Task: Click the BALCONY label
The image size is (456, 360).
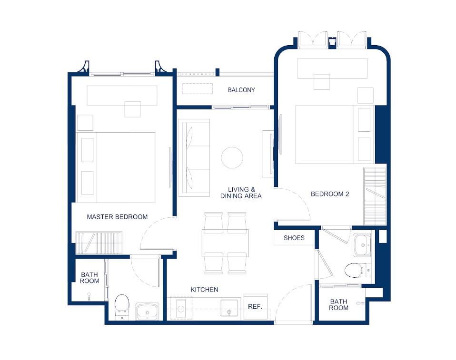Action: [241, 90]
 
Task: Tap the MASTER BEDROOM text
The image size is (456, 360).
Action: [117, 217]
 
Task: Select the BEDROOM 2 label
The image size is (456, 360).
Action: [330, 194]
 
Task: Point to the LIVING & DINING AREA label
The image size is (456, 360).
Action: [241, 193]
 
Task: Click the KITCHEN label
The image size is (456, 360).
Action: [204, 290]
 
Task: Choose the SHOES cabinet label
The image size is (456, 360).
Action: [294, 238]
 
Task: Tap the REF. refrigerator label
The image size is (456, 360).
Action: [255, 307]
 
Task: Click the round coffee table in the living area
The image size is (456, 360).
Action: [232, 157]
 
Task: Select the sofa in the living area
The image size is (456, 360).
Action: [194, 158]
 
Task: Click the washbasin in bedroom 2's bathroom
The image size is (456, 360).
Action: [362, 245]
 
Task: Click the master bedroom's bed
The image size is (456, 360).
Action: [116, 167]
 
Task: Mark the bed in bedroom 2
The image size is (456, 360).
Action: [335, 135]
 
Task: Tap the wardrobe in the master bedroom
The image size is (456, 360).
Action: [99, 243]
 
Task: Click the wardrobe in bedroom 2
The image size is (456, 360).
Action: [375, 196]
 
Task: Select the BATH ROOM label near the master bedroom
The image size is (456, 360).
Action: [89, 278]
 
